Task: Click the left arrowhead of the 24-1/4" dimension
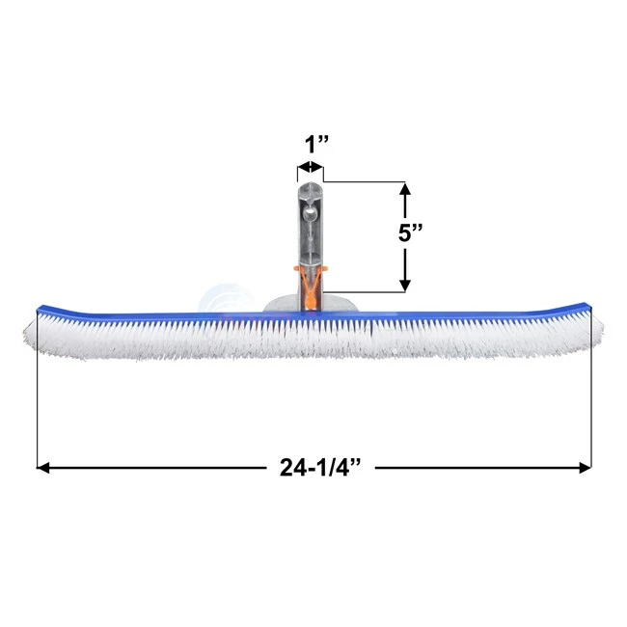pyautogui.click(x=43, y=468)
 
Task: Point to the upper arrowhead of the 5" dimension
pyautogui.click(x=406, y=189)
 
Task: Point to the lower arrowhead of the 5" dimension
pyautogui.click(x=406, y=284)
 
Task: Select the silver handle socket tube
pyautogui.click(x=311, y=232)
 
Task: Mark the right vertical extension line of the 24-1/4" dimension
pyautogui.click(x=590, y=405)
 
